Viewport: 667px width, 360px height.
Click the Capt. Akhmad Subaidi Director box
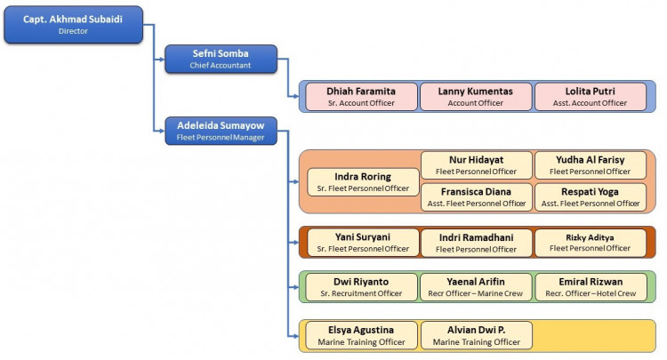click(73, 24)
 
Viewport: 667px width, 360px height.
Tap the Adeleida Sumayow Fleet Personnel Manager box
click(221, 131)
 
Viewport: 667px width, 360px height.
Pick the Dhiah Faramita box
click(361, 96)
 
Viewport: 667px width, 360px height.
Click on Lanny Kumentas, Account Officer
click(475, 96)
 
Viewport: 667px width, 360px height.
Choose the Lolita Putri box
click(590, 96)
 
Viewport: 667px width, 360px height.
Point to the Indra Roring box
click(363, 181)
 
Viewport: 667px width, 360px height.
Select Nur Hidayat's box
click(476, 165)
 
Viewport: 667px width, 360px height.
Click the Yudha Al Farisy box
click(590, 165)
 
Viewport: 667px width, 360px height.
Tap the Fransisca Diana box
click(476, 196)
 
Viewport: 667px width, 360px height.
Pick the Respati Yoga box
click(590, 196)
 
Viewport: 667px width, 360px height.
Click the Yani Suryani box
click(361, 243)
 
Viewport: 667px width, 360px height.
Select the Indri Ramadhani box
click(476, 243)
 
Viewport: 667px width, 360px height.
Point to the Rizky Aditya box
click(590, 243)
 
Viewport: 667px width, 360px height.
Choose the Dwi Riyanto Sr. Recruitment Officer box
click(361, 287)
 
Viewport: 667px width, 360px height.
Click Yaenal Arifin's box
click(476, 287)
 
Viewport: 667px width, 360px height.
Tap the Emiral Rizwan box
click(590, 287)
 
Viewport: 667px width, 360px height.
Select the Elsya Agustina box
click(361, 335)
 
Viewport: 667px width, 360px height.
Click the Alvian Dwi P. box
click(476, 335)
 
